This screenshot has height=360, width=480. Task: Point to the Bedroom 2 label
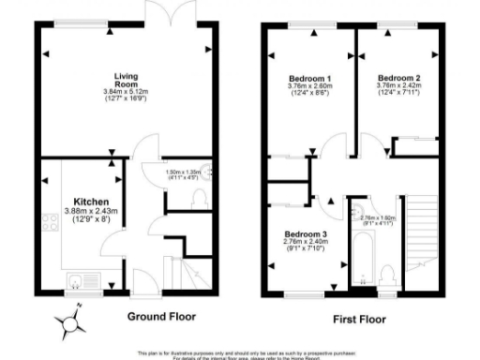click(x=398, y=77)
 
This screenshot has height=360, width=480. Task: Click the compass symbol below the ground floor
click(x=70, y=326)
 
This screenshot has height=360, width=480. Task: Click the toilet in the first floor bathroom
click(x=387, y=275)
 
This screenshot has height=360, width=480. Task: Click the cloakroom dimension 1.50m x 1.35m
click(x=184, y=172)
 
